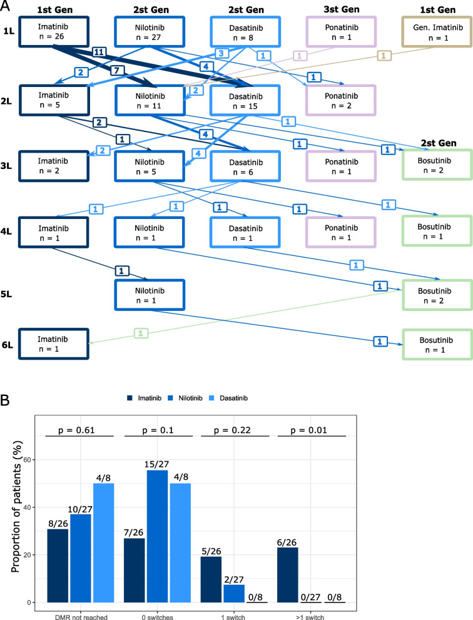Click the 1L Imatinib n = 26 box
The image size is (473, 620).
click(54, 31)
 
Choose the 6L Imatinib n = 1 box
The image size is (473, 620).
click(54, 343)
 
